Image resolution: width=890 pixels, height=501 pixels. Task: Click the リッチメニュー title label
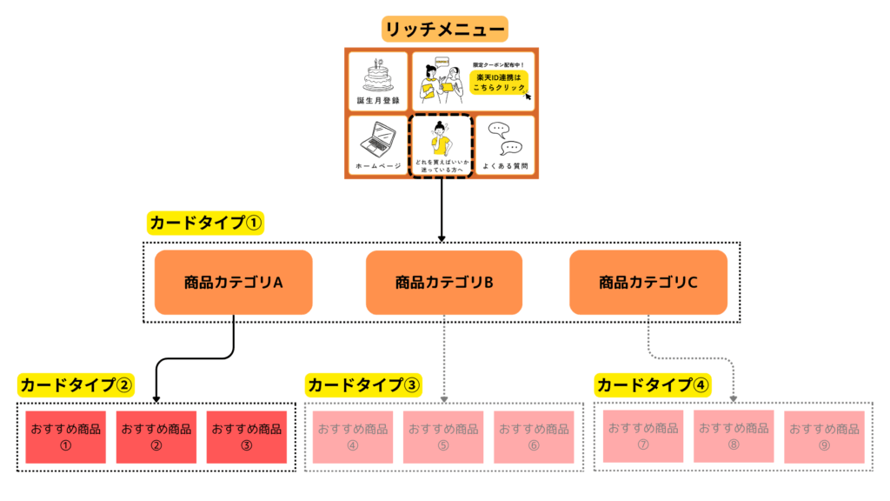(444, 30)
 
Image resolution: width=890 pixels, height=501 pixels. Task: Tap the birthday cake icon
(377, 76)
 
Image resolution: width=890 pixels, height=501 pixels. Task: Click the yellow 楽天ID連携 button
(499, 82)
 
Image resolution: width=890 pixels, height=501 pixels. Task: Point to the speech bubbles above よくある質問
(503, 137)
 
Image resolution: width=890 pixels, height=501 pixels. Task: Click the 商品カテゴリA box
(234, 282)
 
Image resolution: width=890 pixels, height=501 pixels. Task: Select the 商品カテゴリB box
(444, 282)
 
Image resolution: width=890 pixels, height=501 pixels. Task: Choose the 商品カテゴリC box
(648, 282)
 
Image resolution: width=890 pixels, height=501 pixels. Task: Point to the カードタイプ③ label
(363, 384)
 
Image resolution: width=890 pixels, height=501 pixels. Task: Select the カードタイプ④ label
(652, 384)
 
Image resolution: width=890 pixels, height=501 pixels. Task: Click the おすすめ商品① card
(65, 437)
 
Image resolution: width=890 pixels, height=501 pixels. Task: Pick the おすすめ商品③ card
(246, 437)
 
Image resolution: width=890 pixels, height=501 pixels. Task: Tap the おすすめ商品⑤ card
(443, 437)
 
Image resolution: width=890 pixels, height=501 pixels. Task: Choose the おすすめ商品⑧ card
(734, 436)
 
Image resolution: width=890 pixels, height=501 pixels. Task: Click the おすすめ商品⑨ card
(824, 437)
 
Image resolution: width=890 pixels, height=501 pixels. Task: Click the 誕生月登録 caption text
(377, 100)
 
